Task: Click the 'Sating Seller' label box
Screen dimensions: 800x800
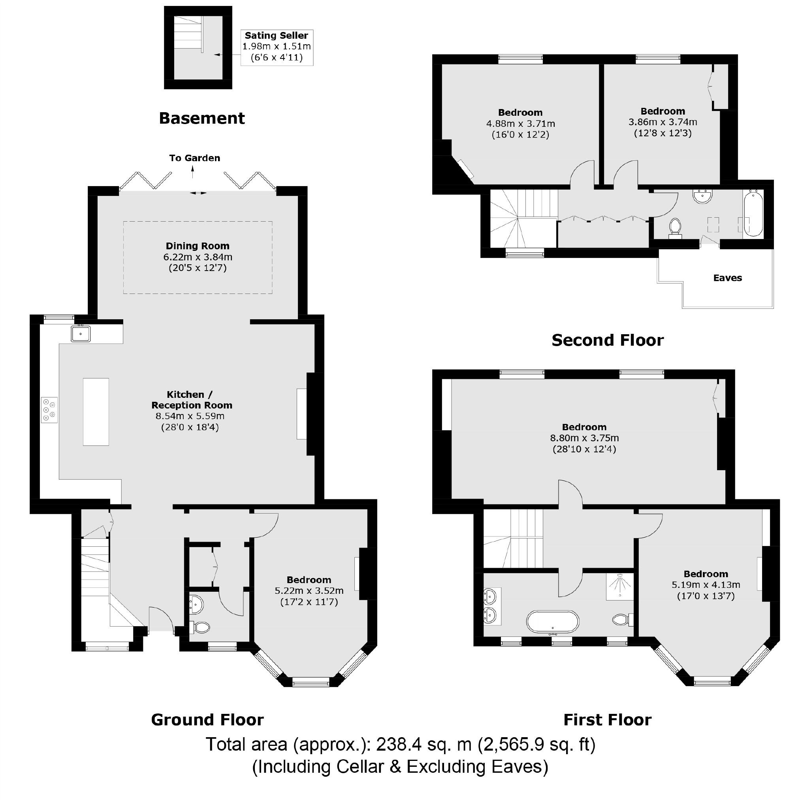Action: click(x=277, y=47)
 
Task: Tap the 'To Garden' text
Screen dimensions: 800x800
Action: click(x=195, y=158)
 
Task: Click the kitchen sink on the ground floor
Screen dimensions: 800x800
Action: click(x=81, y=333)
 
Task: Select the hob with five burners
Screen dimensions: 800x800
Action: click(x=49, y=410)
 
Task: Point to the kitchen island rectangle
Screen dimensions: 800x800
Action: click(x=96, y=412)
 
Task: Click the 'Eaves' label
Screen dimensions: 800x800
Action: click(x=727, y=278)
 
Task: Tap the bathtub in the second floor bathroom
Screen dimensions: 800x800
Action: click(x=753, y=213)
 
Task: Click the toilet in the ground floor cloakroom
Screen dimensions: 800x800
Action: click(x=200, y=627)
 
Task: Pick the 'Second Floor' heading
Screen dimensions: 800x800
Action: click(x=608, y=341)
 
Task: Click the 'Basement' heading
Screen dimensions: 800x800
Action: click(x=201, y=119)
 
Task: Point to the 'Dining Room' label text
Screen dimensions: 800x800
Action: click(x=198, y=246)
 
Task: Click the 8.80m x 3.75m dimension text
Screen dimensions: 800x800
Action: click(x=584, y=438)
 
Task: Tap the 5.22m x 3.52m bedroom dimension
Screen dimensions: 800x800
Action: click(x=309, y=591)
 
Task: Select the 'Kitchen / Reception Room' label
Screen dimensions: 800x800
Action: click(x=191, y=399)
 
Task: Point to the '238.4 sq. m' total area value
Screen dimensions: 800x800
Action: click(x=423, y=744)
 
